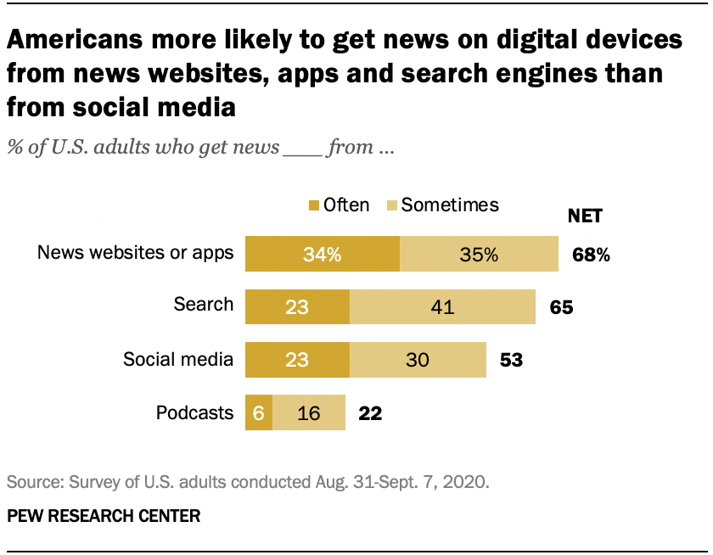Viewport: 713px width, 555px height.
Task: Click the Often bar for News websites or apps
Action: click(322, 255)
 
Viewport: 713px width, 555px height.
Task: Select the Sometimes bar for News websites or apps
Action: click(479, 255)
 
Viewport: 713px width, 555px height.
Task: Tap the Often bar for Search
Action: click(297, 307)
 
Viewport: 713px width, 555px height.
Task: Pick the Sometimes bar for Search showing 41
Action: click(442, 307)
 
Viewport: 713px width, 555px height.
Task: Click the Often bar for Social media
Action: click(297, 360)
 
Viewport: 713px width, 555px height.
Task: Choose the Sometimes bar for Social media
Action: click(418, 360)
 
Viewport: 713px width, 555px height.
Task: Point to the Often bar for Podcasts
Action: click(259, 412)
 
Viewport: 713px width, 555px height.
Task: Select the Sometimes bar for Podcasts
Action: click(309, 412)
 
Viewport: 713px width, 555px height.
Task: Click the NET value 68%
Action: click(591, 255)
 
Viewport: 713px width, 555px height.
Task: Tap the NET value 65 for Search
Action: click(561, 307)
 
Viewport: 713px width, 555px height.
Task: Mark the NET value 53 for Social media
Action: click(510, 360)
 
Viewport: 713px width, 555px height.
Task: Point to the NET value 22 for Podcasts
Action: click(370, 413)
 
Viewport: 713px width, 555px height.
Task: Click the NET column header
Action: click(584, 216)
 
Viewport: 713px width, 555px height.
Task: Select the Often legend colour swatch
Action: click(314, 206)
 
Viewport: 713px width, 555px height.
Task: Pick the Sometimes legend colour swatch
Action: click(391, 206)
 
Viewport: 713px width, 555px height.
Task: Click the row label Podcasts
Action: click(194, 413)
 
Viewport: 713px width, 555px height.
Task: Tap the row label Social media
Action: click(177, 360)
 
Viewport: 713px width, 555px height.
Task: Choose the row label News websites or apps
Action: click(135, 253)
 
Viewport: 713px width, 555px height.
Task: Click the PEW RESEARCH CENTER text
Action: click(104, 516)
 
